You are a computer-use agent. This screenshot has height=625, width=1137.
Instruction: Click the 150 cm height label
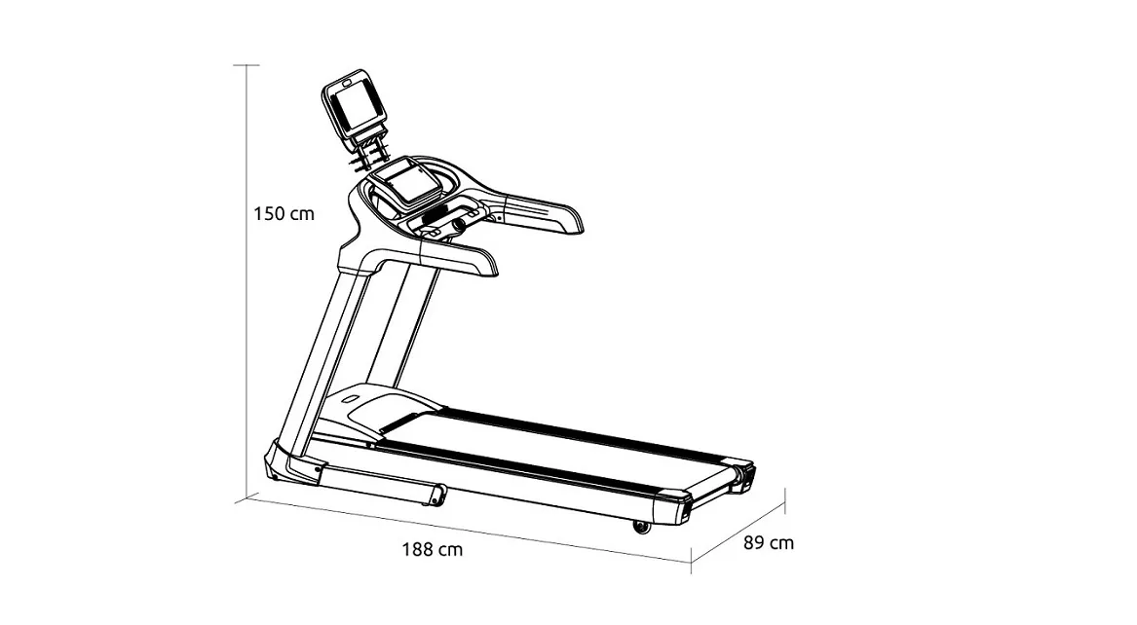[x=284, y=213]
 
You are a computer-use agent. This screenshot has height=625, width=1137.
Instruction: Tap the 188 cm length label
[x=433, y=550]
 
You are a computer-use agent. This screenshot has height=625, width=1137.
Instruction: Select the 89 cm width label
[x=769, y=542]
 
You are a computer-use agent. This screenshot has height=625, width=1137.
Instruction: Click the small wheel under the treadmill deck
[x=642, y=527]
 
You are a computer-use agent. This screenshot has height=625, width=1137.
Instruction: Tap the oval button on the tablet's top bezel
[x=346, y=84]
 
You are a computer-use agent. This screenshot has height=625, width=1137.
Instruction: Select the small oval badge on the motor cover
[x=350, y=398]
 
